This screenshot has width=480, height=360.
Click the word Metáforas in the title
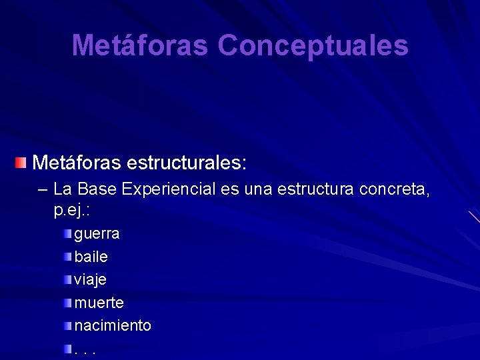point(141,45)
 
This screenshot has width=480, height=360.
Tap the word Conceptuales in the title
point(313,45)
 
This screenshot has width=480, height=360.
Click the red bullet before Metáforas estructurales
point(22,162)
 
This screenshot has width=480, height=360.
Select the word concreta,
point(395,190)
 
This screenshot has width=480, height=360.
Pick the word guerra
point(97,234)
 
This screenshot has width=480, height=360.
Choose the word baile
point(91,257)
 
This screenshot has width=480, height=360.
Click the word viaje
point(90,280)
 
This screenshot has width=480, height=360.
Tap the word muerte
point(99,303)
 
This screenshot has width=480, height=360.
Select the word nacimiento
point(113,326)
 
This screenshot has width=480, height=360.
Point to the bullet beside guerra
point(68,233)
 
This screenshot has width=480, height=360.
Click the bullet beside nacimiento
point(68,326)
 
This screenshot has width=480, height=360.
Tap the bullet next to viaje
point(68,280)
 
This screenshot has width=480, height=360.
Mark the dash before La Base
point(44,190)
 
